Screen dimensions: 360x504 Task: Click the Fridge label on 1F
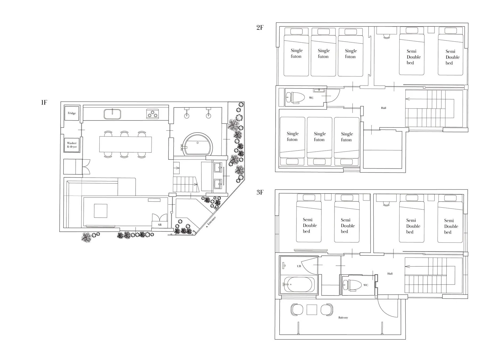point(72,113)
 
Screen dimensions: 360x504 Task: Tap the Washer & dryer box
point(72,145)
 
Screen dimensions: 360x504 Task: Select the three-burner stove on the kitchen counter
point(153,114)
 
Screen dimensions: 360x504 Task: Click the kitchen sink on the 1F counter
point(112,114)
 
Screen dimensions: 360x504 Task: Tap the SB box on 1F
point(160,225)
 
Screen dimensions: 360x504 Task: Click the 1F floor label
point(44,102)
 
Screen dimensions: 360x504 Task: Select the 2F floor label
point(260,27)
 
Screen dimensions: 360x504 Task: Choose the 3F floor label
point(260,192)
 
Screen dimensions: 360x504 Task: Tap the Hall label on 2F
point(384,108)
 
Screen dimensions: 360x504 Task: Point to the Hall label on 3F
point(390,274)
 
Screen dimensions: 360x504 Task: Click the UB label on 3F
point(299,266)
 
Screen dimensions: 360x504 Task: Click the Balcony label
point(343,318)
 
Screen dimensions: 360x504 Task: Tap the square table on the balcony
point(312,310)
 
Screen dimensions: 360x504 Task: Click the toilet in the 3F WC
point(352,285)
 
